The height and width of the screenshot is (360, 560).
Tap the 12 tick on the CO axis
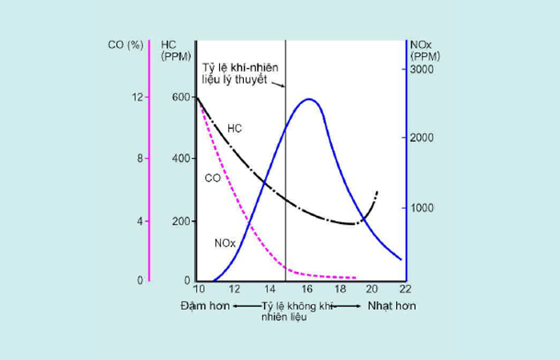(139, 97)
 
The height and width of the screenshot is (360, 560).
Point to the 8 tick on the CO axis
(141, 158)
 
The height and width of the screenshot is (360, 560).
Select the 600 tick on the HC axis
(182, 97)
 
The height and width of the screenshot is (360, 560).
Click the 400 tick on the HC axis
(182, 158)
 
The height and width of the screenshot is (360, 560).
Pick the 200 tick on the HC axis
(182, 220)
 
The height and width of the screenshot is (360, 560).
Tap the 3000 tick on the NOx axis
(422, 70)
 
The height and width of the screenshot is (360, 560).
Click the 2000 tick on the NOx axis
(422, 138)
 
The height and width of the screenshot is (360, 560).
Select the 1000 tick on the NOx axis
(422, 208)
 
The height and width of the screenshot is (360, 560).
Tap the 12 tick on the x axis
(234, 289)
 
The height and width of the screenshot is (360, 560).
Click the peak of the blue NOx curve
(309, 99)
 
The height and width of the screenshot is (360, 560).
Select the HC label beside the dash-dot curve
(234, 128)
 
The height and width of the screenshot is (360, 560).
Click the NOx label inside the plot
(225, 242)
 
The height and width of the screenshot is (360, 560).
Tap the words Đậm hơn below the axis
(205, 306)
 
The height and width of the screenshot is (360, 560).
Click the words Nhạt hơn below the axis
(391, 306)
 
